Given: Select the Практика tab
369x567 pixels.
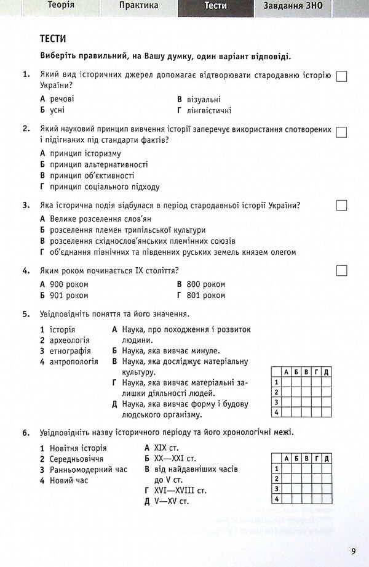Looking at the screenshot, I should pyautogui.click(x=138, y=6).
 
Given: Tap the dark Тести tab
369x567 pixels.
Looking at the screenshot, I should pyautogui.click(x=215, y=6).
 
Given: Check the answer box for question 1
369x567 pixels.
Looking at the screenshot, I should pyautogui.click(x=342, y=76).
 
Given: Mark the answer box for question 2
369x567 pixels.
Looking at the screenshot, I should pyautogui.click(x=342, y=132).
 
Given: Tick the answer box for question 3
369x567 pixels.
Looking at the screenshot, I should pyautogui.click(x=342, y=206).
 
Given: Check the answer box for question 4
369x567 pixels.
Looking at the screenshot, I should pyautogui.click(x=342, y=270).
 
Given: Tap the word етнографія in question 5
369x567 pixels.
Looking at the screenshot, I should pyautogui.click(x=69, y=351).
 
